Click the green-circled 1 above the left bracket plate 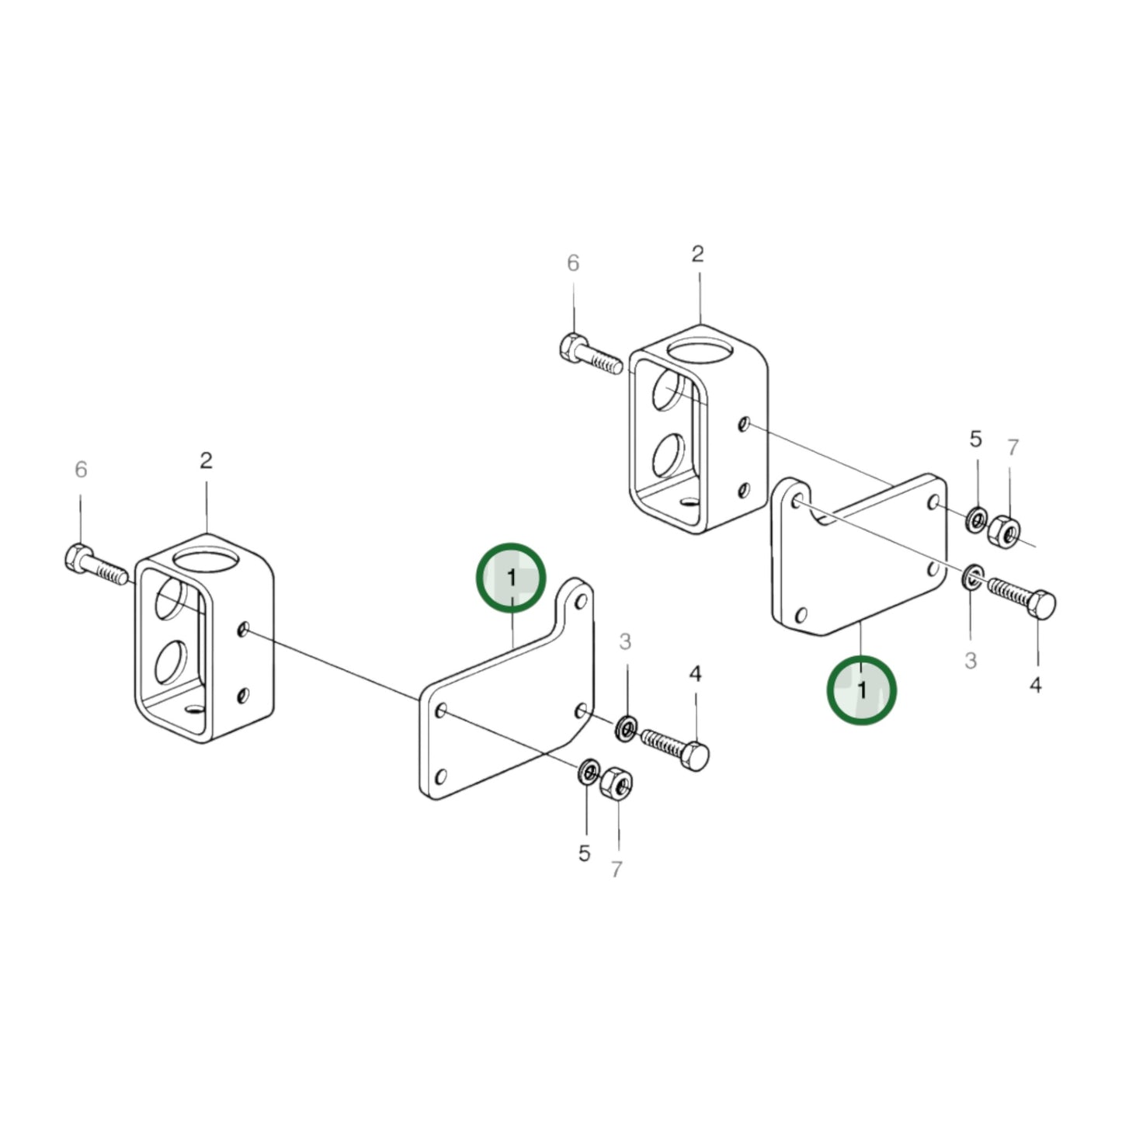point(511,578)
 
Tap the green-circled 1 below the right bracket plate point(861,690)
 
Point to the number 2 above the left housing point(206,460)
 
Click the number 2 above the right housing point(697,254)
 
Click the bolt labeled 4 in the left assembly point(676,747)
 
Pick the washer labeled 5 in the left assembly point(589,773)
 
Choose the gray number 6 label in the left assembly point(81,470)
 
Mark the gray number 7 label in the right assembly point(1013,448)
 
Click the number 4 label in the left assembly point(695,674)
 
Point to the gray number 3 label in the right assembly point(971,661)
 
